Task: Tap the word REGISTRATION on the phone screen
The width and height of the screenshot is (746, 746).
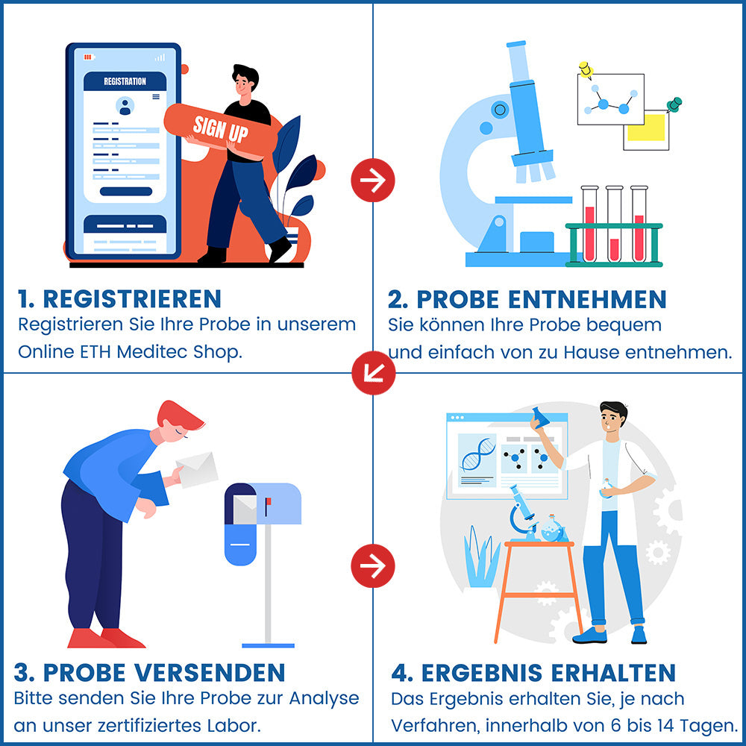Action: tap(125, 81)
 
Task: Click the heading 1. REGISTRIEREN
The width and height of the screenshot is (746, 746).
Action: tap(119, 298)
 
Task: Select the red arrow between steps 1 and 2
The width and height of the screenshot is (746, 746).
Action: tap(373, 180)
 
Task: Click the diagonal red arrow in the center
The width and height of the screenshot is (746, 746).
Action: tap(373, 372)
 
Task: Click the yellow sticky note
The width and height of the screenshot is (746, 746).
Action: tap(646, 128)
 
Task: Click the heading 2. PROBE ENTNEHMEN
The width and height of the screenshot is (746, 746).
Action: tap(527, 299)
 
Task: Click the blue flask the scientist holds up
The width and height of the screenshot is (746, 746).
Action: tap(540, 417)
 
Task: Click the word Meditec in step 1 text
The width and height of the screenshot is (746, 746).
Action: tap(148, 351)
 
